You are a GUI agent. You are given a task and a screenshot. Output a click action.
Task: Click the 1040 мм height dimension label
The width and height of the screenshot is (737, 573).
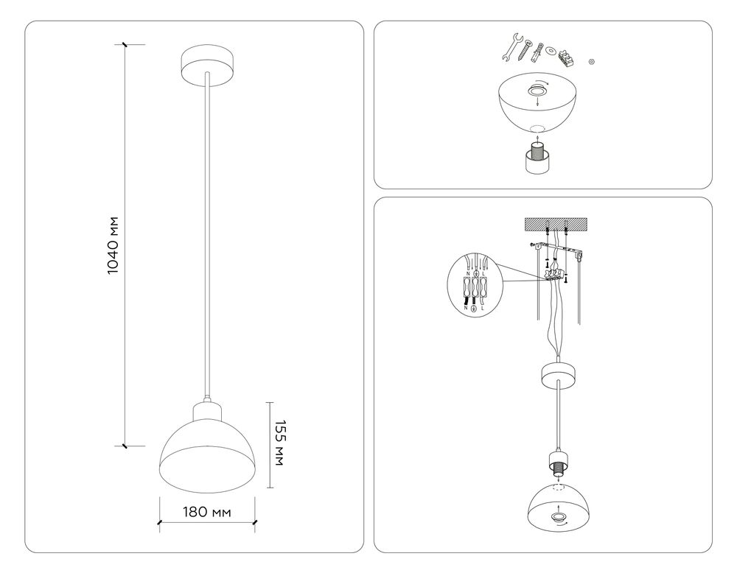point(113,246)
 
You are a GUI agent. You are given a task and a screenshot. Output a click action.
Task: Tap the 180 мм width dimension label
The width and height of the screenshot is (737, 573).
point(207,512)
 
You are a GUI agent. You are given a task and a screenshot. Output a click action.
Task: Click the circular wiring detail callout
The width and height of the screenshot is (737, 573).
point(475,284)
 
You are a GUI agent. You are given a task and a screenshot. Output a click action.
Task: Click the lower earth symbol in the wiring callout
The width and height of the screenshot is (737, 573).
point(474,309)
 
